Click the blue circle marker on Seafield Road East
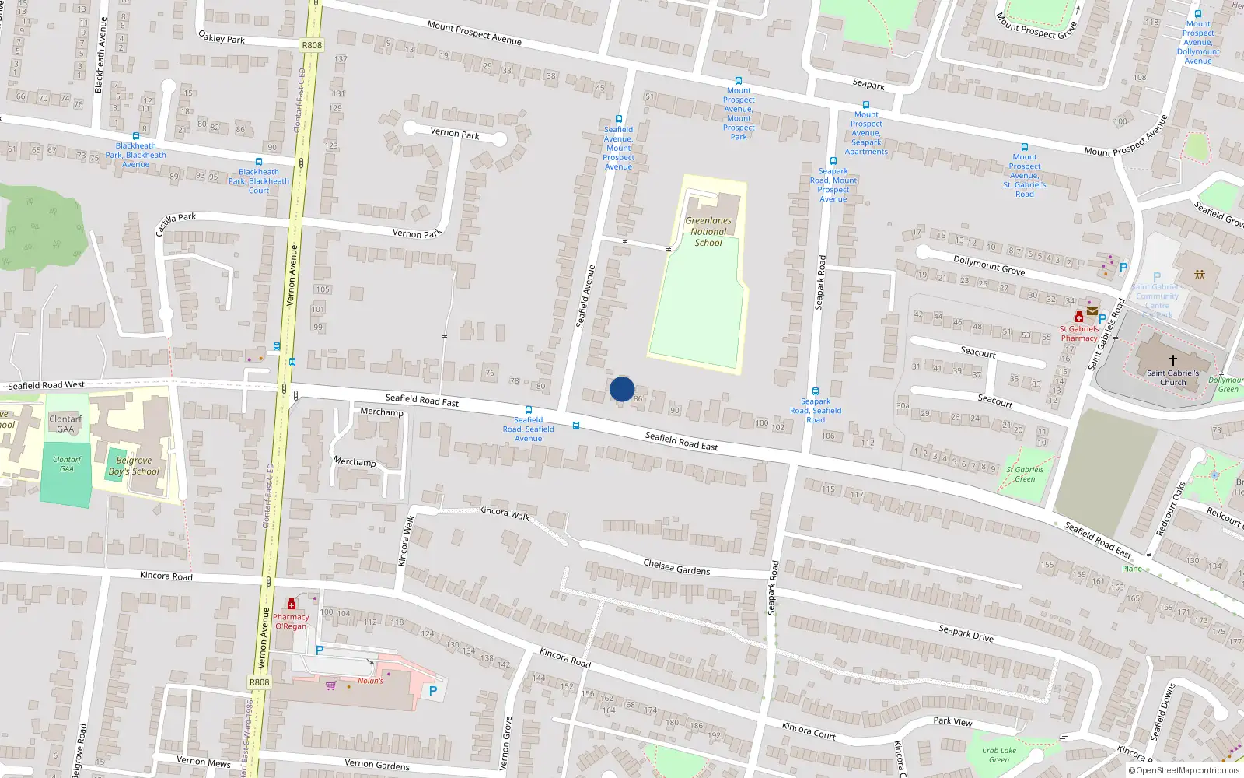622,389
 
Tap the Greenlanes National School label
708,232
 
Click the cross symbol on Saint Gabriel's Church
1173,359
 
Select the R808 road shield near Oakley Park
312,45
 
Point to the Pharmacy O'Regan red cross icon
292,605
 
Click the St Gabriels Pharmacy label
1079,334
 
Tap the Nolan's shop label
371,681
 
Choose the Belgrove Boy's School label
134,466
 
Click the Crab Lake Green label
999,755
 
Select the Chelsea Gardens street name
676,567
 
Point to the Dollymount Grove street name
989,265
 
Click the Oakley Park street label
222,37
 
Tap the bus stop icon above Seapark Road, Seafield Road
816,391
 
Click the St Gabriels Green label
1025,474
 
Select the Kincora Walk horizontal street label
504,513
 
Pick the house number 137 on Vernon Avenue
341,59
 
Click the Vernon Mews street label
204,762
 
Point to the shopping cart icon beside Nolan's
331,685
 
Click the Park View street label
952,721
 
